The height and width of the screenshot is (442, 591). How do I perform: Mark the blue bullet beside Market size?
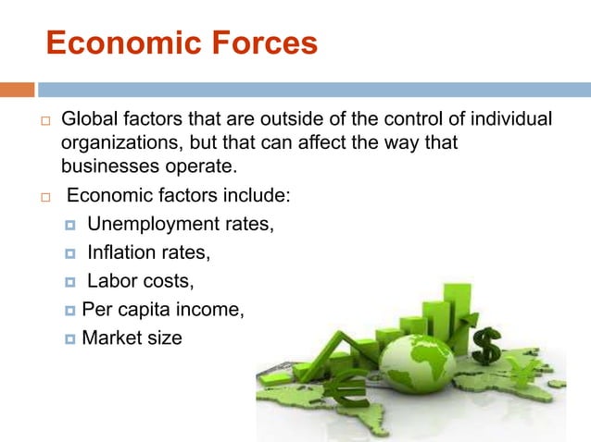(x=70, y=339)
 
